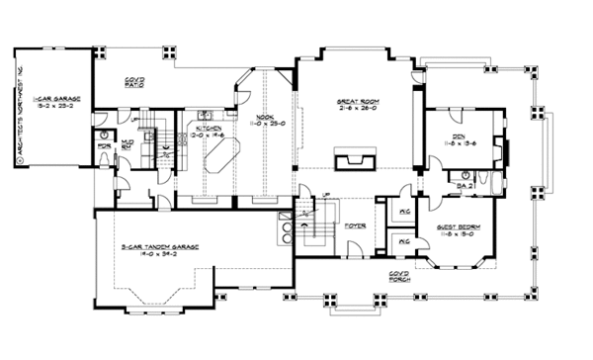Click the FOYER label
pyautogui.click(x=356, y=226)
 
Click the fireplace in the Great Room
pyautogui.click(x=356, y=161)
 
